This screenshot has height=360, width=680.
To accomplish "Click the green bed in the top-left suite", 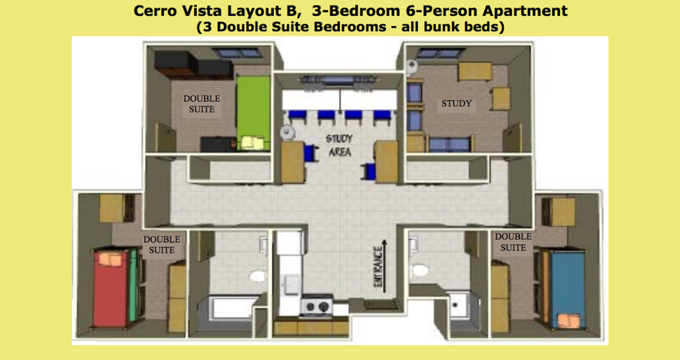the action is [253, 113].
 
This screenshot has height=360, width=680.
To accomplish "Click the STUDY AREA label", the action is [339, 145].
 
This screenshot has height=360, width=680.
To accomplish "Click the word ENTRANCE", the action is [378, 266].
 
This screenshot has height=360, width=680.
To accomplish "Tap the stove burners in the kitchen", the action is [317, 307].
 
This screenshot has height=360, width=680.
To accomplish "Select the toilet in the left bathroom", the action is [258, 276].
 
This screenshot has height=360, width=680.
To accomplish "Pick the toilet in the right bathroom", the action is [420, 271].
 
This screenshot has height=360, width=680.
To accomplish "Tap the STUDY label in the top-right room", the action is [457, 103].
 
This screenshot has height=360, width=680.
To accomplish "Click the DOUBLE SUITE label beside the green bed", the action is [202, 104].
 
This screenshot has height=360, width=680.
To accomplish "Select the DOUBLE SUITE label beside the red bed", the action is [162, 245].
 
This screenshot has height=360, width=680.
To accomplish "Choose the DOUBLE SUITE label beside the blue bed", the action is [513, 242].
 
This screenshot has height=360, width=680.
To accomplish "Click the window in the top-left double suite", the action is [237, 53].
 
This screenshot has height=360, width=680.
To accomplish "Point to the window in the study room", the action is [436, 53].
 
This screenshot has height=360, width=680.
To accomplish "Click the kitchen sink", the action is [290, 284].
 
